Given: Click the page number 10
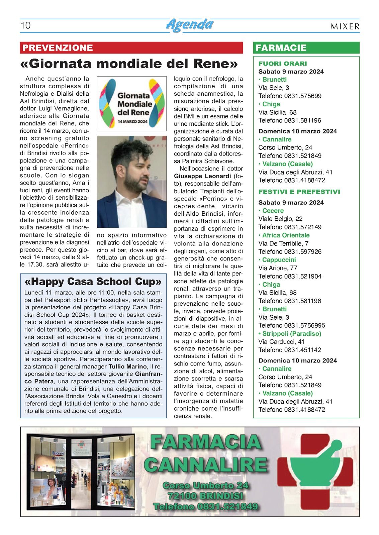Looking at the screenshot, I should (25, 26).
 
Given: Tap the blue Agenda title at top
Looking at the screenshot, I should (190, 25).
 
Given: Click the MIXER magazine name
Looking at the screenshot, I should (345, 26).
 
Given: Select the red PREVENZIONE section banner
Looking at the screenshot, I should (58, 48).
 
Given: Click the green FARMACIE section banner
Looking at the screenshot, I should (281, 48).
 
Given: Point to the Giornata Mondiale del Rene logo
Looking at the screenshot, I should (132, 103).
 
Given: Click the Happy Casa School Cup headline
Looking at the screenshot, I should (93, 282).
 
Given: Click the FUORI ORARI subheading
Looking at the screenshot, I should (282, 64).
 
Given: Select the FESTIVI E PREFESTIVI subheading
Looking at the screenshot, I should (299, 192).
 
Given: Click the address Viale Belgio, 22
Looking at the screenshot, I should (280, 219).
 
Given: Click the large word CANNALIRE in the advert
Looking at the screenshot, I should (207, 465).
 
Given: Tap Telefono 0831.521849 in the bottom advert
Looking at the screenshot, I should (205, 507).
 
